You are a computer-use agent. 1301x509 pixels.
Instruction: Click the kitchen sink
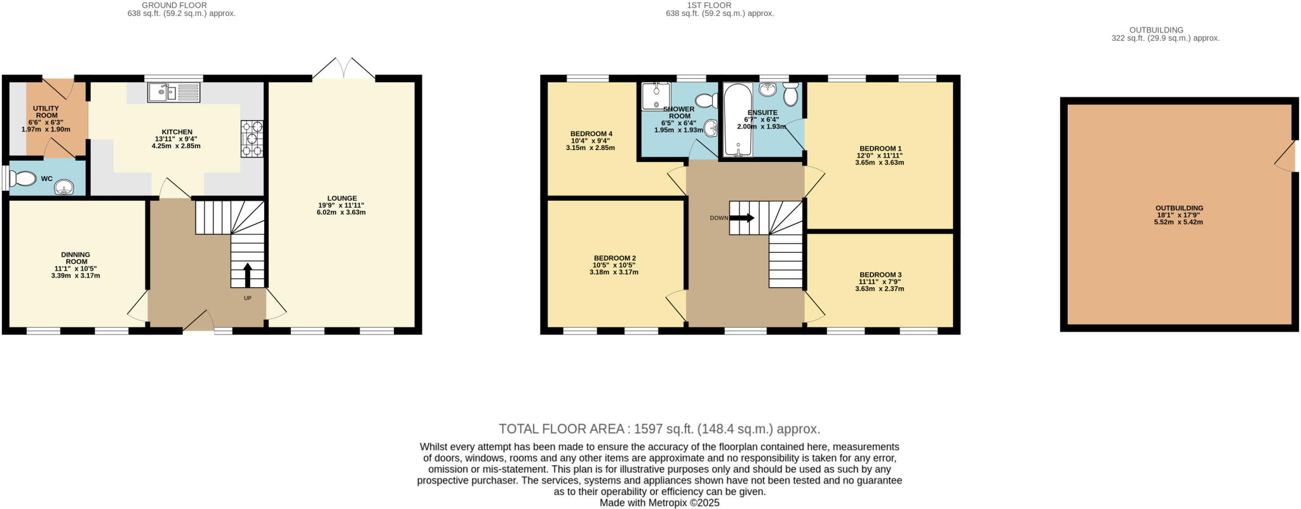pyautogui.click(x=173, y=93)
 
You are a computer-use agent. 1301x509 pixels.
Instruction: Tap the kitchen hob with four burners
pyautogui.click(x=252, y=139)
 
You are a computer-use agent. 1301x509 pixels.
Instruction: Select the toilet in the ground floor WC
pyautogui.click(x=24, y=179)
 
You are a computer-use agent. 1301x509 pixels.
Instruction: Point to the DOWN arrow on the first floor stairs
pyautogui.click(x=742, y=218)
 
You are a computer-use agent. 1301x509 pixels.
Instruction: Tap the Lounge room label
pyautogui.click(x=342, y=198)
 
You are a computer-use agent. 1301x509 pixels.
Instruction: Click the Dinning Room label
pyautogui.click(x=76, y=258)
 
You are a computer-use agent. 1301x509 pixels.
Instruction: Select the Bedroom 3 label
pyautogui.click(x=880, y=275)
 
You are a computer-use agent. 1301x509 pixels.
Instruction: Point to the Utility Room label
pyautogui.click(x=46, y=112)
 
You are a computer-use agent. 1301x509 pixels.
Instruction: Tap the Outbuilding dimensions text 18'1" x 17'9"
pyautogui.click(x=1178, y=215)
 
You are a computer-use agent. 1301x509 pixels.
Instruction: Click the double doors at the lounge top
pyautogui.click(x=344, y=69)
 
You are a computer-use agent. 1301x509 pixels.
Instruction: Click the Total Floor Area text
pyautogui.click(x=659, y=429)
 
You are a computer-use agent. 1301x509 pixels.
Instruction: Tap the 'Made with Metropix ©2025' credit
pyautogui.click(x=659, y=503)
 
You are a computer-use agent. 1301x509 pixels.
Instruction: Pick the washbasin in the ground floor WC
pyautogui.click(x=64, y=187)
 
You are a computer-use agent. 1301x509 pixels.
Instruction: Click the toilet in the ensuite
pyautogui.click(x=790, y=95)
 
